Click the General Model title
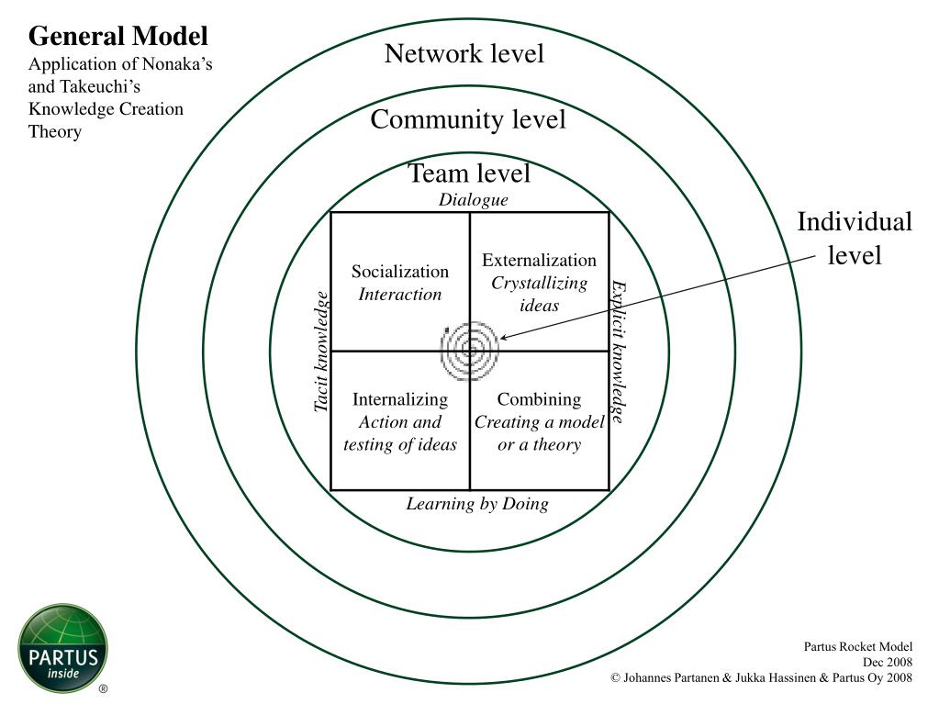coord(118,36)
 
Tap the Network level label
coord(464,53)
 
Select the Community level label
coord(468,119)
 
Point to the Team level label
coord(469,173)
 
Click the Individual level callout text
coord(855,239)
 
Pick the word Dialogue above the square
coord(473,200)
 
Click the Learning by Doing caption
coord(477,504)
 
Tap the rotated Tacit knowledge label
coord(321,352)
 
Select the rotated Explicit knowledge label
coord(619,352)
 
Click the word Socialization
coord(400,271)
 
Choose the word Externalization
coord(539,260)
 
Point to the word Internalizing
coord(400,399)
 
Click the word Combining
coord(539,399)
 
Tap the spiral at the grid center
coord(470,351)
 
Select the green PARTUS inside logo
coord(63,648)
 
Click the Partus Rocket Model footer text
coord(857,646)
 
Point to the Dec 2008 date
coord(888,662)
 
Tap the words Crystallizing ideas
coord(539,294)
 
